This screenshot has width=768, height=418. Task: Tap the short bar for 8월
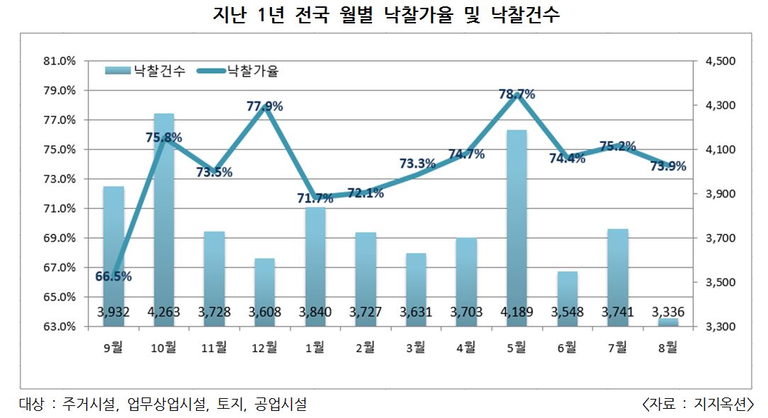click(x=667, y=322)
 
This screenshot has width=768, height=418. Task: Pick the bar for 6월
click(x=567, y=298)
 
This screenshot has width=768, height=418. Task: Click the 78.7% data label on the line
click(x=516, y=94)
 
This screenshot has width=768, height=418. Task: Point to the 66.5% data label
click(x=113, y=276)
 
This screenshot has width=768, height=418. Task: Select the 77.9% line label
click(x=265, y=106)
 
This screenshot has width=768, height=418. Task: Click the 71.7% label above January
click(x=315, y=198)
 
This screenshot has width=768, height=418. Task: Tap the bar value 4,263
click(x=164, y=312)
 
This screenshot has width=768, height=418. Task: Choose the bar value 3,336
click(x=667, y=312)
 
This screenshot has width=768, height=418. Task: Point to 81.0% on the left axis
click(x=60, y=61)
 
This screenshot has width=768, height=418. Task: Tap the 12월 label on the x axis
click(x=265, y=347)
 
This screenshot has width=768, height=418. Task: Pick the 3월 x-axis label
click(x=416, y=347)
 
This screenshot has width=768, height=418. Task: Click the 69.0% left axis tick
click(x=60, y=238)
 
